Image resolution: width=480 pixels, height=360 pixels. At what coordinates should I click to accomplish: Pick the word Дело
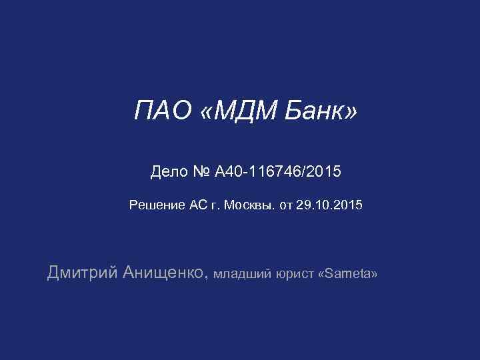pyautogui.click(x=170, y=173)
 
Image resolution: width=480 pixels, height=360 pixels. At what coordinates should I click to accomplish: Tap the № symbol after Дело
pyautogui.click(x=203, y=173)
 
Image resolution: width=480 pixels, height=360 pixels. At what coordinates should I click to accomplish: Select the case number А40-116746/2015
pyautogui.click(x=278, y=173)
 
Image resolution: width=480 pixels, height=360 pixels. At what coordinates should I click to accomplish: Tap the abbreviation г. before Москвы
pyautogui.click(x=216, y=205)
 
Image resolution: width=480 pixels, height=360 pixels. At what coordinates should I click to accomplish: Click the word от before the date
pyautogui.click(x=285, y=205)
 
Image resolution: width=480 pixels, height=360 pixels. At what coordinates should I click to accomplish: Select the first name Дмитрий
pyautogui.click(x=83, y=272)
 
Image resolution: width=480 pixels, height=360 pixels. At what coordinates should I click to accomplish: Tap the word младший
pyautogui.click(x=243, y=274)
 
